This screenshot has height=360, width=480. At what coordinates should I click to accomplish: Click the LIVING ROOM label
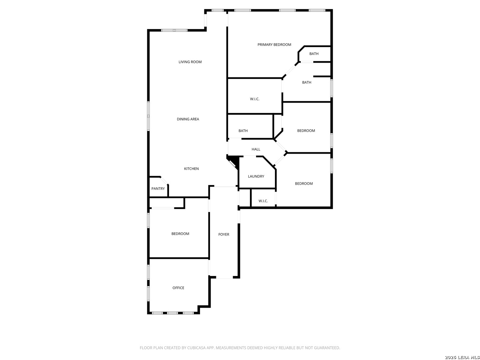point(190,62)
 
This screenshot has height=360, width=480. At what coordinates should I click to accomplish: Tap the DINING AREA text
point(188,119)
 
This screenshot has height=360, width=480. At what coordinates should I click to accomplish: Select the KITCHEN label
point(191,169)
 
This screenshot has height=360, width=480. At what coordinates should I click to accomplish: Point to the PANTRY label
point(158,189)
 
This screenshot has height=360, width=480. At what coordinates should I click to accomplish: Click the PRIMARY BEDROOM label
point(274,45)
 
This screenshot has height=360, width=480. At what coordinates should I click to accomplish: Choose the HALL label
point(256,149)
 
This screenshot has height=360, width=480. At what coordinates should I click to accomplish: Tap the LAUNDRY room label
point(256,176)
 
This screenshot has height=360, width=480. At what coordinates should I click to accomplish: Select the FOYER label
point(224,235)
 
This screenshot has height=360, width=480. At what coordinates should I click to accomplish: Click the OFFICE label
point(178,288)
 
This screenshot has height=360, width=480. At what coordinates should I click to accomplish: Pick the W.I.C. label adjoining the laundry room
point(263,201)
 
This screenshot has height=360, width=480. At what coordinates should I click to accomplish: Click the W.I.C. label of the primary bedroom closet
point(254,99)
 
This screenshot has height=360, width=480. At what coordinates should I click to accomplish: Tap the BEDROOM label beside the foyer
point(180,234)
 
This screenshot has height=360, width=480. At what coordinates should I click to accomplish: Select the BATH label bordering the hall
point(243,131)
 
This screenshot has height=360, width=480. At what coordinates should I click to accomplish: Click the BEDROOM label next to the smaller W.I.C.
point(304,184)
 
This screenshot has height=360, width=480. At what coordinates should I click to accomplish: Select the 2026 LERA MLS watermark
point(461,357)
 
